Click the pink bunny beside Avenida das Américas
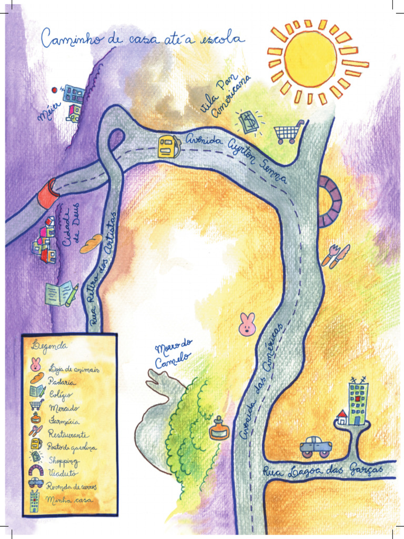click(x=247, y=325)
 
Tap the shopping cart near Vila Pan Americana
click(x=289, y=132)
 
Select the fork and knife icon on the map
click(x=335, y=256)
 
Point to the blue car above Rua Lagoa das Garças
click(x=316, y=446)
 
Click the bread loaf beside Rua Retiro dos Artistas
click(x=91, y=244)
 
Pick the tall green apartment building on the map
click(x=358, y=403)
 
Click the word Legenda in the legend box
click(x=49, y=346)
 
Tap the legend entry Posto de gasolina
click(x=72, y=446)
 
